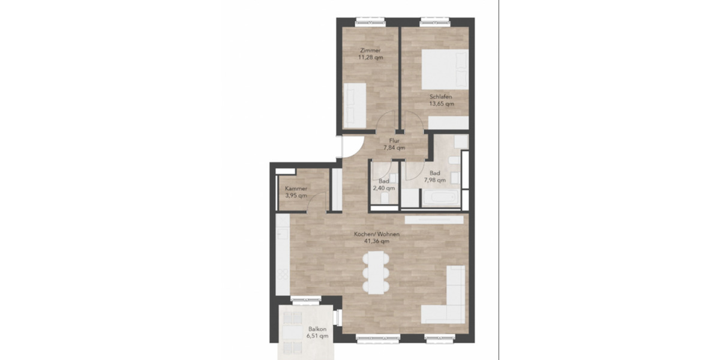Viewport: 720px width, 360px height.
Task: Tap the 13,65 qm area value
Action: [441, 103]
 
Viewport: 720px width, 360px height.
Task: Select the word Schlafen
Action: [440, 96]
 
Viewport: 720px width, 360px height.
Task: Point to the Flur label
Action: [394, 140]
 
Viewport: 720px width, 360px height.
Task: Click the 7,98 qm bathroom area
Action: [434, 179]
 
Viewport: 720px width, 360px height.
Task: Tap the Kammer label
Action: [296, 189]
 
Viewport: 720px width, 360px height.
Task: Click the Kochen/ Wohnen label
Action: [377, 234]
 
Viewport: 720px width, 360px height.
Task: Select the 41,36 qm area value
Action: [377, 241]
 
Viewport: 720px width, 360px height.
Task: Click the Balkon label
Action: [317, 329]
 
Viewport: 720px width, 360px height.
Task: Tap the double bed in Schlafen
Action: [445, 70]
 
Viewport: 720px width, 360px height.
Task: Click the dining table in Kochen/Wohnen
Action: [376, 272]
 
